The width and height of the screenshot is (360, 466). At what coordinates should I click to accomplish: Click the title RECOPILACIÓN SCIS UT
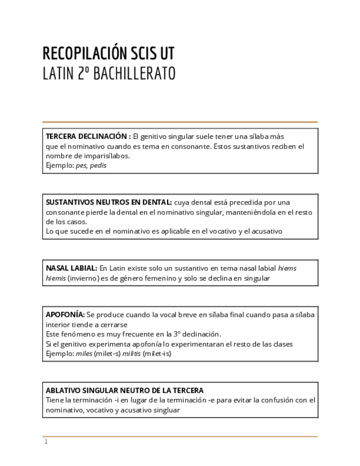108,53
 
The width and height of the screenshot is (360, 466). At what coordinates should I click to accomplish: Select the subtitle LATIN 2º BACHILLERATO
109,74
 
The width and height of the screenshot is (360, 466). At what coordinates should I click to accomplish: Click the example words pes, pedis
91,165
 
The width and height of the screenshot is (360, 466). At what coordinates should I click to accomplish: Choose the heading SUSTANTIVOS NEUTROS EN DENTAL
109,202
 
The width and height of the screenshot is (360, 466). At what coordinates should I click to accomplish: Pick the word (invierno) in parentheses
84,278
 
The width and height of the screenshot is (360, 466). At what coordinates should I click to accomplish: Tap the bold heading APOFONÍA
65,315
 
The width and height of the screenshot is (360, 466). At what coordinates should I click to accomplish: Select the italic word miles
84,353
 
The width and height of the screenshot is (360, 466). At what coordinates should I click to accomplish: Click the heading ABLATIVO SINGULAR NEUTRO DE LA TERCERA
125,390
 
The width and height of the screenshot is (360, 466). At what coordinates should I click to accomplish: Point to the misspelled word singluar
167,410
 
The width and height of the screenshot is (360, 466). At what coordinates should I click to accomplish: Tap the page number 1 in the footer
46,442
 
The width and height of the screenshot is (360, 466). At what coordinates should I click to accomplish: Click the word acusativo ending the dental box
267,231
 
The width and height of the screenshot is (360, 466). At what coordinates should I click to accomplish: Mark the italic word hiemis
56,278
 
